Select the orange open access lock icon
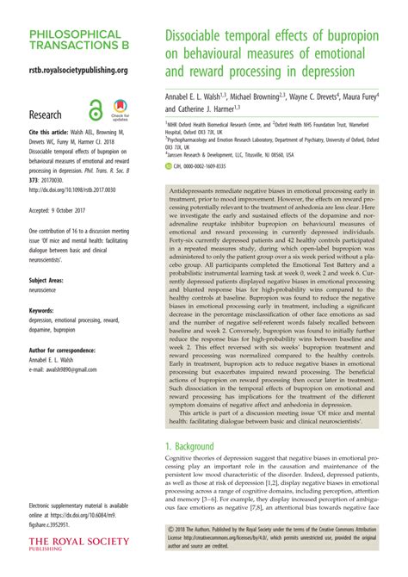[x=96, y=111]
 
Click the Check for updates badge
[x=120, y=112]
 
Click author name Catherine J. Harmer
[x=205, y=109]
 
